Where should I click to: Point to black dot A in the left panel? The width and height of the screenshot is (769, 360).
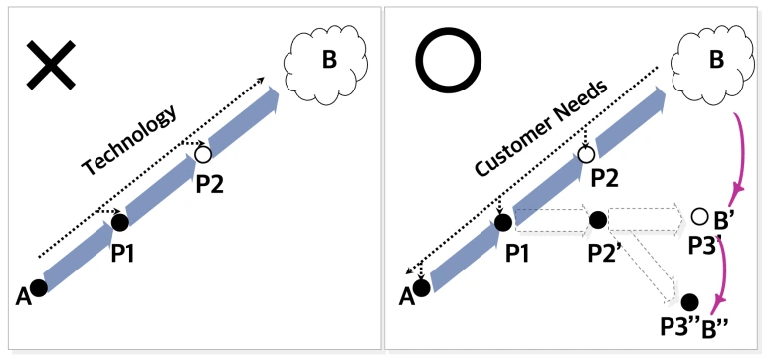[x=39, y=288]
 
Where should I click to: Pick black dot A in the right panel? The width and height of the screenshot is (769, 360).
[x=422, y=287]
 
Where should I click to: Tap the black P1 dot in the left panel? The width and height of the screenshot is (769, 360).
[x=120, y=222]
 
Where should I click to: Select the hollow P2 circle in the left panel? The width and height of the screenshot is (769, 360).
[x=203, y=154]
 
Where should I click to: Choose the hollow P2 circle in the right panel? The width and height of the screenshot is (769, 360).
[x=586, y=154]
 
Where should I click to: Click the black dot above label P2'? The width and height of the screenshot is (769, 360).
[x=597, y=220]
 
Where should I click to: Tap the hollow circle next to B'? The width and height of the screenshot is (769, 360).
[x=699, y=217]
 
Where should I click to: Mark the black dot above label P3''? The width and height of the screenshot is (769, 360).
[x=688, y=301]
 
